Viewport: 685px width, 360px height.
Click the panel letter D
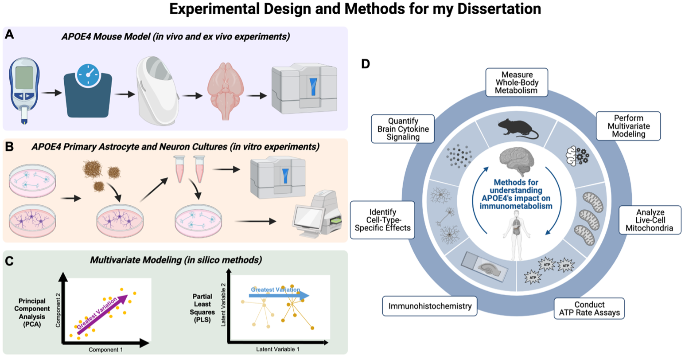coord(366,64)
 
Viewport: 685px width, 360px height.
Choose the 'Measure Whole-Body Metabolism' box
coord(517,82)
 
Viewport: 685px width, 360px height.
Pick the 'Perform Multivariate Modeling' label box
coord(628,126)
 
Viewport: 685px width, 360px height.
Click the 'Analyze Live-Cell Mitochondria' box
coord(650,220)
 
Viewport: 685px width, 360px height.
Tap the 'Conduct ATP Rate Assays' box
coord(589,309)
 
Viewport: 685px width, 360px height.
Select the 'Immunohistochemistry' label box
coord(430,306)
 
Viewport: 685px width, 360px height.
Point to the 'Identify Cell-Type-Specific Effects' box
coord(382,220)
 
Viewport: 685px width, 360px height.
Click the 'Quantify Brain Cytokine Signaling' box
coord(403,129)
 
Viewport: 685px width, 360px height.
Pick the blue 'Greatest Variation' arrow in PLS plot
coord(279,295)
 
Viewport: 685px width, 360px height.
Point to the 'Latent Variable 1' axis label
coord(277,349)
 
